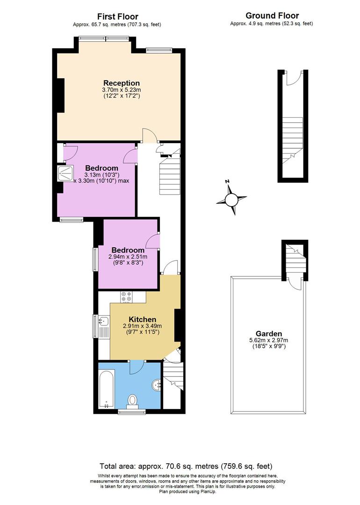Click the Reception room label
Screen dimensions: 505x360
122,83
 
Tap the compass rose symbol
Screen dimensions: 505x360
231,200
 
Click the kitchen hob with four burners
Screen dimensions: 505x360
127,296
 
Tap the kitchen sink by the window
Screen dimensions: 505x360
104,321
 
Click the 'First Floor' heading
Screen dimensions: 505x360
117,16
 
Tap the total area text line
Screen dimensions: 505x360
186,466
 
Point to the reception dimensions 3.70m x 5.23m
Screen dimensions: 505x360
122,90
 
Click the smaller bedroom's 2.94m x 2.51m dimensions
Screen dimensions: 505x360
128,257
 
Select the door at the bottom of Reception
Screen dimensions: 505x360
150,136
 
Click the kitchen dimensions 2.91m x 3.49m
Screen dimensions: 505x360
142,326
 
